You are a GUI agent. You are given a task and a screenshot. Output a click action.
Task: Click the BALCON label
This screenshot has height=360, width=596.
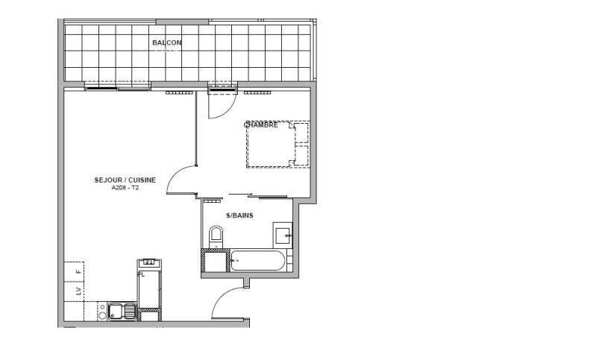(166, 43)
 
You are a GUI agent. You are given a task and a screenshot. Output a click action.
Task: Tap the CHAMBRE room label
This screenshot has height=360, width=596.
(262, 125)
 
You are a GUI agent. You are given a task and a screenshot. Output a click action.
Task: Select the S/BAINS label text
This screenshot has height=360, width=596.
(239, 216)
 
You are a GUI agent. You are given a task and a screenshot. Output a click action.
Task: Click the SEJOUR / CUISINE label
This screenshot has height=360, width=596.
(125, 180)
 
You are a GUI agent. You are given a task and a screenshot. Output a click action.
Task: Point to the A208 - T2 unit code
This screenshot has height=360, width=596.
(125, 188)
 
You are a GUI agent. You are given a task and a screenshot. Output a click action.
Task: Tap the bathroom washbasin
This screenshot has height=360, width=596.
(283, 236)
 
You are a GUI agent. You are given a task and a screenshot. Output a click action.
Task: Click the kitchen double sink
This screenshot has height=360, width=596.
(121, 311)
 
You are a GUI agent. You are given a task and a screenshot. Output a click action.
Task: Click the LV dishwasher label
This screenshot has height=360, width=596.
(79, 291)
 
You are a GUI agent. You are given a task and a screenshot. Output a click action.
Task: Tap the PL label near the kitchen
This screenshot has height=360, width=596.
(140, 274)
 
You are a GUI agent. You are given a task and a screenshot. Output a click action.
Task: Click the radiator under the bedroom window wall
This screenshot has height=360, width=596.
(256, 93)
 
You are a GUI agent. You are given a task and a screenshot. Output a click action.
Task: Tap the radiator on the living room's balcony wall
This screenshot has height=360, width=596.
(179, 93)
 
